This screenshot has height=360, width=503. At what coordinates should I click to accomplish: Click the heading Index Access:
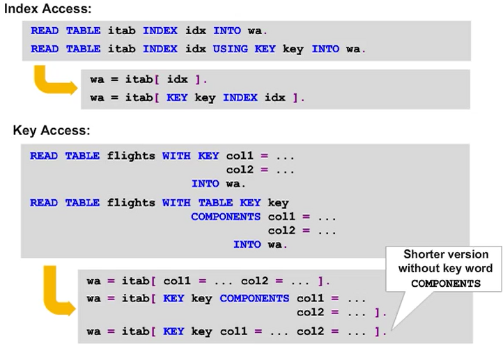pos(48,10)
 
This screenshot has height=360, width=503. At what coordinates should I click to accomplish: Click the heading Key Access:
pos(52,130)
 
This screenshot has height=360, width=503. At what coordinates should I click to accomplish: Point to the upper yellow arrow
pos(53,82)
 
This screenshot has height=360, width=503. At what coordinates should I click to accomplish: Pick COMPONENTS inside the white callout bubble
pos(446,283)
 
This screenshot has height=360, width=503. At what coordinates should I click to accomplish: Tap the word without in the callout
pos(419,269)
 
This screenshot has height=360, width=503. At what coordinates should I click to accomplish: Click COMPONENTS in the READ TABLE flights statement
pos(226,217)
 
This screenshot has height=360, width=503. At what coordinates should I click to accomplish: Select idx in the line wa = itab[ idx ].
pos(178,79)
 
